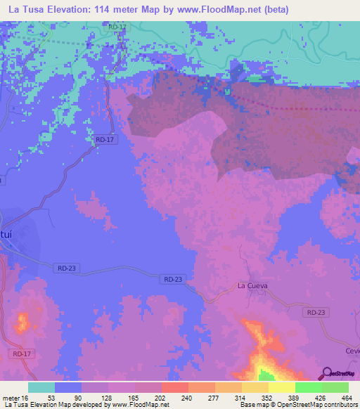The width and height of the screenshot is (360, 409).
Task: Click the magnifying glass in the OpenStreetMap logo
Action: (x=326, y=372)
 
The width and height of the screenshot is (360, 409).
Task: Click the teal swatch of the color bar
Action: (x=41, y=387)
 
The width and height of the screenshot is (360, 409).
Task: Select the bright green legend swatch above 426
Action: (x=308, y=387)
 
